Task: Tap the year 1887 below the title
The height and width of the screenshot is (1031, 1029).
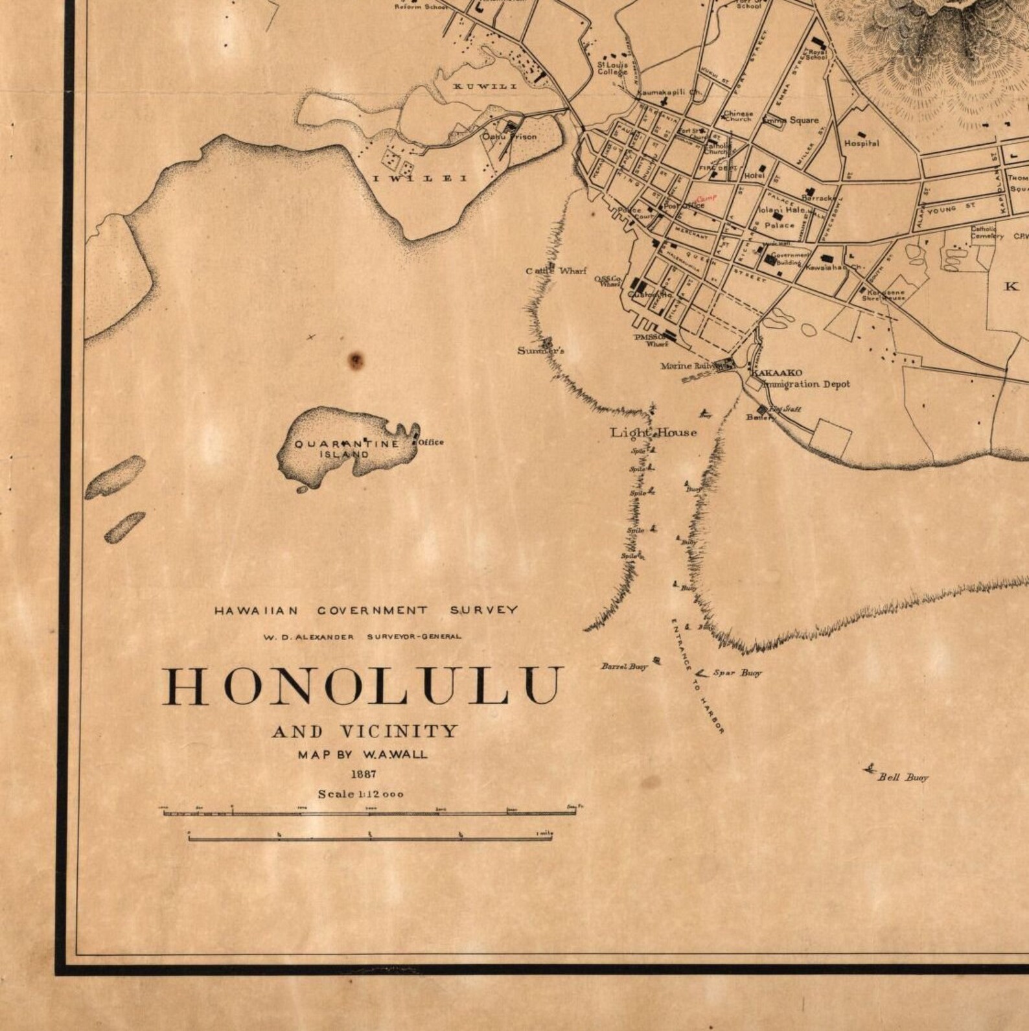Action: pyautogui.click(x=363, y=774)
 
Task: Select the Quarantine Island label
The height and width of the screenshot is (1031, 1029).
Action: pyautogui.click(x=347, y=449)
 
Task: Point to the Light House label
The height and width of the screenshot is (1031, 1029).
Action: pyautogui.click(x=654, y=433)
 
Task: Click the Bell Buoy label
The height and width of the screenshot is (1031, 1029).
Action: pyautogui.click(x=903, y=778)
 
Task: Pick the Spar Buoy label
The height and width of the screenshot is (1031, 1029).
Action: pyautogui.click(x=737, y=673)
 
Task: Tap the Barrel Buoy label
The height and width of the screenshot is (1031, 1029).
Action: pyautogui.click(x=624, y=666)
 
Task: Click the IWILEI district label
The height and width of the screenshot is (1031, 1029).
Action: pyautogui.click(x=419, y=178)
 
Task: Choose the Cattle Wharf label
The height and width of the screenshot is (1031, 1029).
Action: pyautogui.click(x=556, y=271)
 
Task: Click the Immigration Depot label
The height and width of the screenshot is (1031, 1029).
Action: pyautogui.click(x=806, y=384)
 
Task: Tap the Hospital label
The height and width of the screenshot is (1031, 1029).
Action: pyautogui.click(x=861, y=143)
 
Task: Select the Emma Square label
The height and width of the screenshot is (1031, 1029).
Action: pyautogui.click(x=791, y=120)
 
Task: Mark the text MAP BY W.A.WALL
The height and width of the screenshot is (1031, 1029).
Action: pyautogui.click(x=363, y=754)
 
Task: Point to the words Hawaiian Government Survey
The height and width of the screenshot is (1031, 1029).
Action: pyautogui.click(x=366, y=610)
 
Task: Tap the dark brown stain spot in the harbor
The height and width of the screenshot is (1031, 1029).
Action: pyautogui.click(x=356, y=360)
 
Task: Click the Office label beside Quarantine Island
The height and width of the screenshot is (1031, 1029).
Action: pyautogui.click(x=431, y=442)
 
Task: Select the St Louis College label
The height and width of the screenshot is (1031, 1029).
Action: pyautogui.click(x=612, y=69)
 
